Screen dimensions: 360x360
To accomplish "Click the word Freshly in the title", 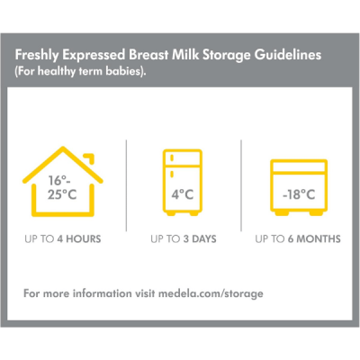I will pyautogui.click(x=46, y=56).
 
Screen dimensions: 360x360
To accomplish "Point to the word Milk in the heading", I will pyautogui.click(x=183, y=56).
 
